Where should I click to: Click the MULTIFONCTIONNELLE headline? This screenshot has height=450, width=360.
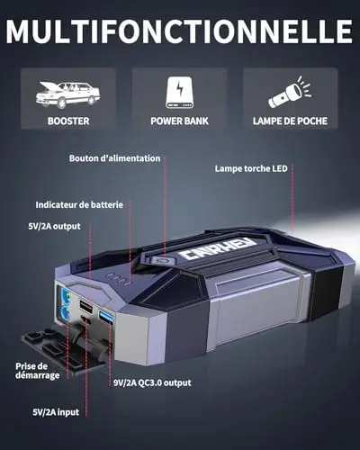tap(179, 31)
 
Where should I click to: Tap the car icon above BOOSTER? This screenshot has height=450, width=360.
tap(68, 94)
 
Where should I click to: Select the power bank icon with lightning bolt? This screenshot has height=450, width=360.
tap(179, 92)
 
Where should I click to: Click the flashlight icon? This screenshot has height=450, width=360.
tap(290, 92)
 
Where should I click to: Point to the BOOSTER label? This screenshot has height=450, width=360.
tap(68, 121)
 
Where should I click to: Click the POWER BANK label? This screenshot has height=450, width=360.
tap(179, 121)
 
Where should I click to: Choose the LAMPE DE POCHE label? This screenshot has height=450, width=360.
tap(290, 121)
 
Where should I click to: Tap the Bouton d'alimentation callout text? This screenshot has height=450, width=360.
tap(114, 158)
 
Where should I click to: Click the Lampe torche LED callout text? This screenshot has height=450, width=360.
tap(251, 168)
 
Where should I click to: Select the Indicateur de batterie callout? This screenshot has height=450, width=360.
tap(79, 205)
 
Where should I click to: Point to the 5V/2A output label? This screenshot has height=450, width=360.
tap(54, 226)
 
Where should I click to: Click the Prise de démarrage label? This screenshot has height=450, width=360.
tap(38, 371)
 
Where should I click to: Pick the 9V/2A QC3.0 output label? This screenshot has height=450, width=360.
tap(152, 382)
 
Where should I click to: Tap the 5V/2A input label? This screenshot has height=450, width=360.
tap(56, 412)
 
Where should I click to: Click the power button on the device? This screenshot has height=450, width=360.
tap(162, 260)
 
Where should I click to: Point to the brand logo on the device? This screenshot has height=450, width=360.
tap(217, 248)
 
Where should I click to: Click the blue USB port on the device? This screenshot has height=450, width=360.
tap(106, 318)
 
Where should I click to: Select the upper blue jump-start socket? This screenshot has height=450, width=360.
tap(66, 295)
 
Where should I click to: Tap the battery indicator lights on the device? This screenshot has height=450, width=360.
tap(118, 279)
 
